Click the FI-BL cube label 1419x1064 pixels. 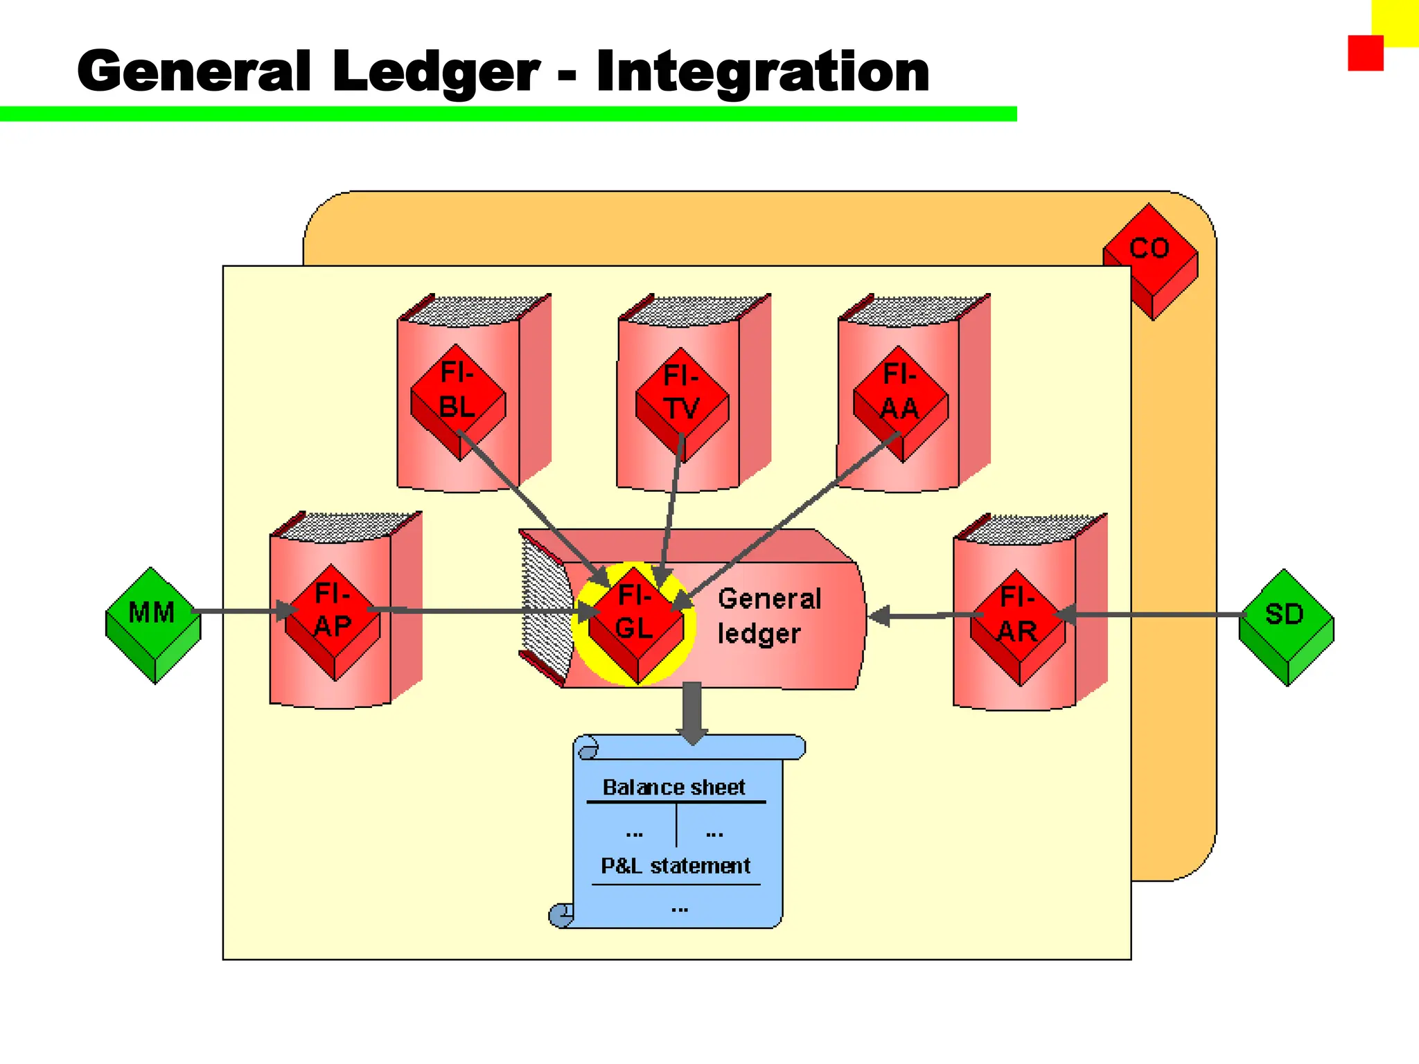tap(457, 390)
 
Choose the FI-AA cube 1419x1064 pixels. tap(900, 392)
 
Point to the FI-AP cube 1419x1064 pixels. tap(333, 612)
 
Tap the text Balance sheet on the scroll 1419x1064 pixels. tap(673, 788)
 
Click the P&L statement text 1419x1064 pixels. tap(675, 866)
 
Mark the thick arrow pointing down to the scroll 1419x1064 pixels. tap(692, 712)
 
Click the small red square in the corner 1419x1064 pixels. tap(1365, 53)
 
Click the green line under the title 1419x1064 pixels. tap(508, 114)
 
